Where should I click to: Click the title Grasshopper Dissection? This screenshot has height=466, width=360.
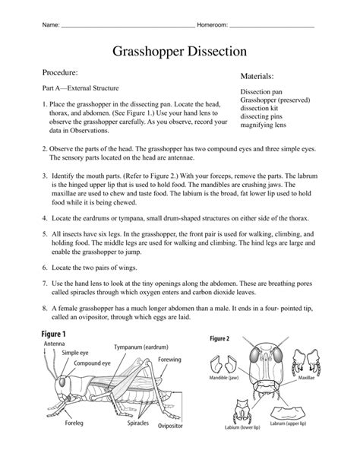pyautogui.click(x=179, y=52)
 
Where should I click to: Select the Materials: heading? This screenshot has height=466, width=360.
pyautogui.click(x=257, y=77)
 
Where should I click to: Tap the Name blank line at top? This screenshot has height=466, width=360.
pyautogui.click(x=127, y=26)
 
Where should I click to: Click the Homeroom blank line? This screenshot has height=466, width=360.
pyautogui.click(x=271, y=26)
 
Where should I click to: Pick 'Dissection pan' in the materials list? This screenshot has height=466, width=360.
pyautogui.click(x=261, y=92)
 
